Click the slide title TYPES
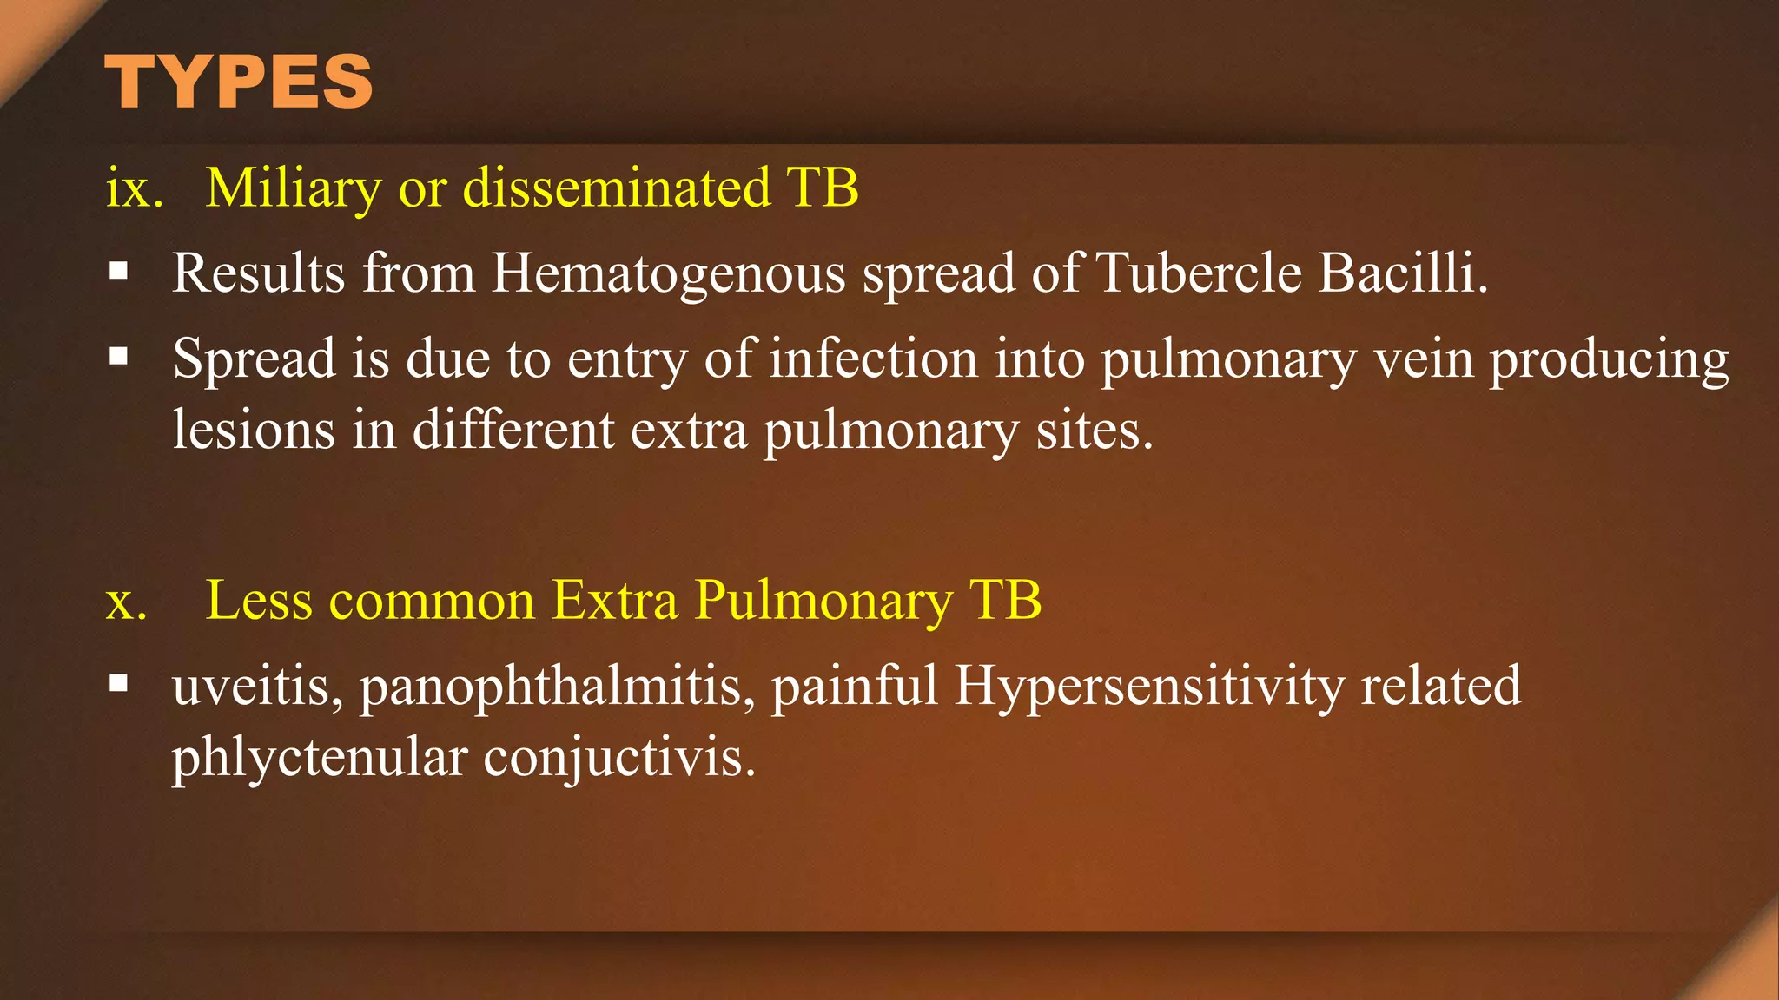coord(239,82)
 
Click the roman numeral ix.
coord(134,188)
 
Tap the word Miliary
coord(293,188)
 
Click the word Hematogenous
coord(668,274)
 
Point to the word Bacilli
coord(1402,274)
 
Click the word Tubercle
coord(1199,274)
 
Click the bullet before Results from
coord(119,272)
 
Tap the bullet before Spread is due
coord(119,356)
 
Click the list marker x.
coord(126,602)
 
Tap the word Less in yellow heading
coord(259,601)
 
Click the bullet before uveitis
coord(119,684)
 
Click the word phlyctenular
coord(320,758)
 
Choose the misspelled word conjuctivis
coord(619,758)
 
